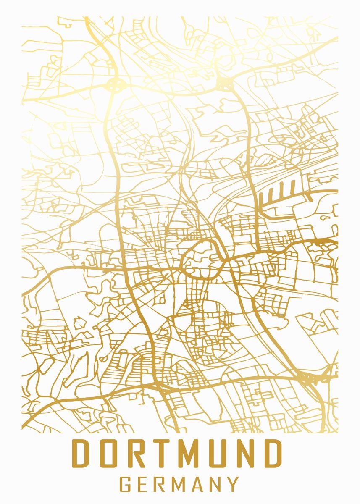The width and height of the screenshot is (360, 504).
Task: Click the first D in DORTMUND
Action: (81, 453)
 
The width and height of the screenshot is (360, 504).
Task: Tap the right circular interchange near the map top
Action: (224, 84)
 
